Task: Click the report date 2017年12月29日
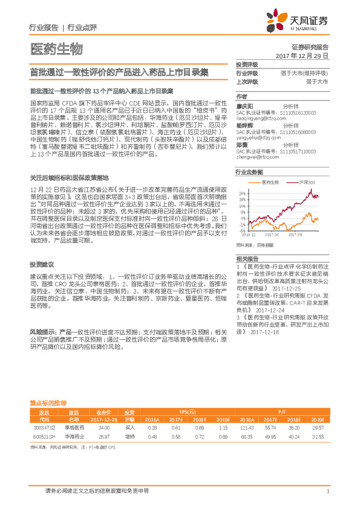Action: point(302,55)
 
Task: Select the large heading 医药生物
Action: point(56,48)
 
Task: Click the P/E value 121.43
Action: point(246,427)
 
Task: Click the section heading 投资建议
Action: point(42,265)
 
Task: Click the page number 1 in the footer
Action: point(327,491)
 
